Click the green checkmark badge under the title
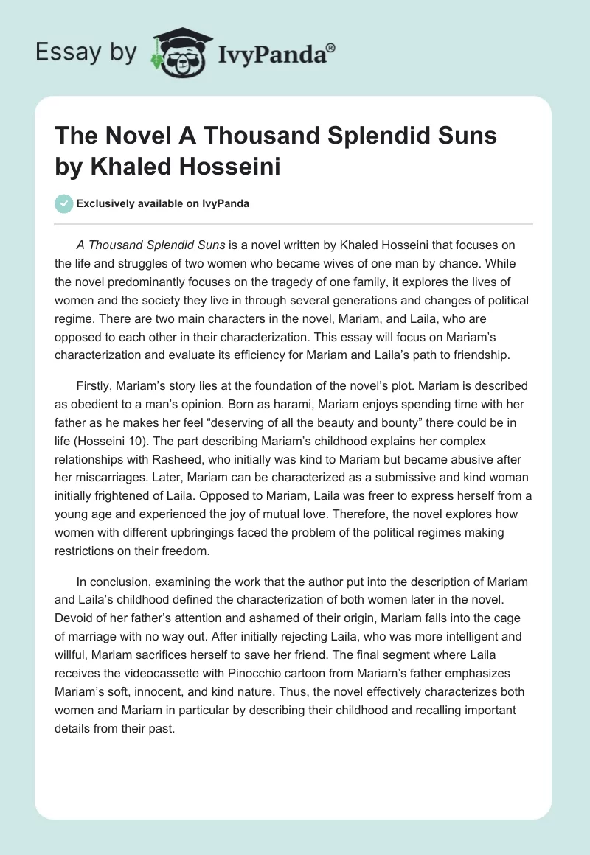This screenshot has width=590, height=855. pyautogui.click(x=64, y=203)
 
